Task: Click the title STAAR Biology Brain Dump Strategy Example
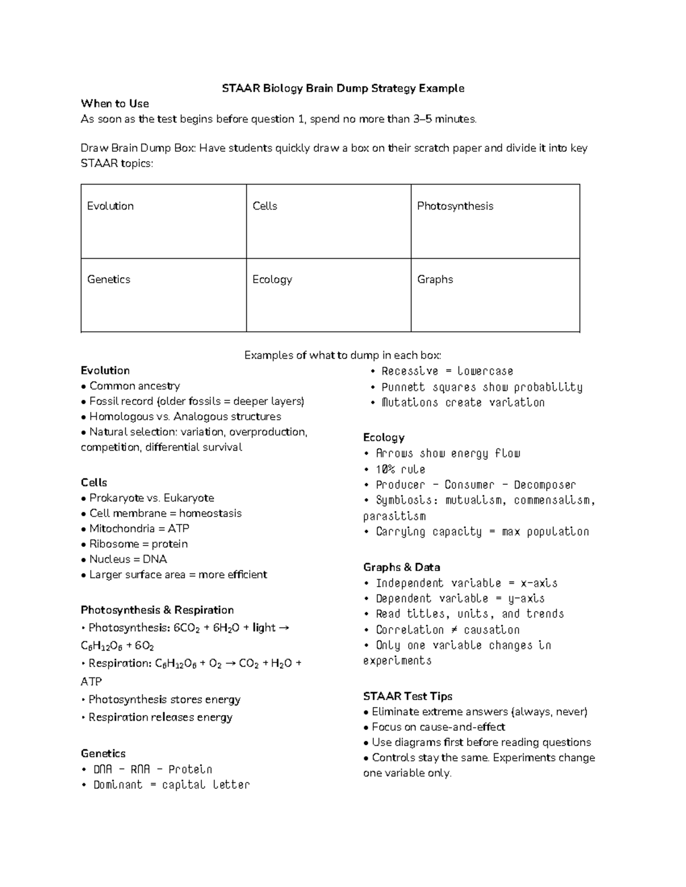[343, 89]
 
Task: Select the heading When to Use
[114, 104]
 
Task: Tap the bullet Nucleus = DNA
[128, 560]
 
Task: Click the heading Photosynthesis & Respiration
[157, 610]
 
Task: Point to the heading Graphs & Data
[401, 567]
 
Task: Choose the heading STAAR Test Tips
[408, 696]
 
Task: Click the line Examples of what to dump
[343, 355]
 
